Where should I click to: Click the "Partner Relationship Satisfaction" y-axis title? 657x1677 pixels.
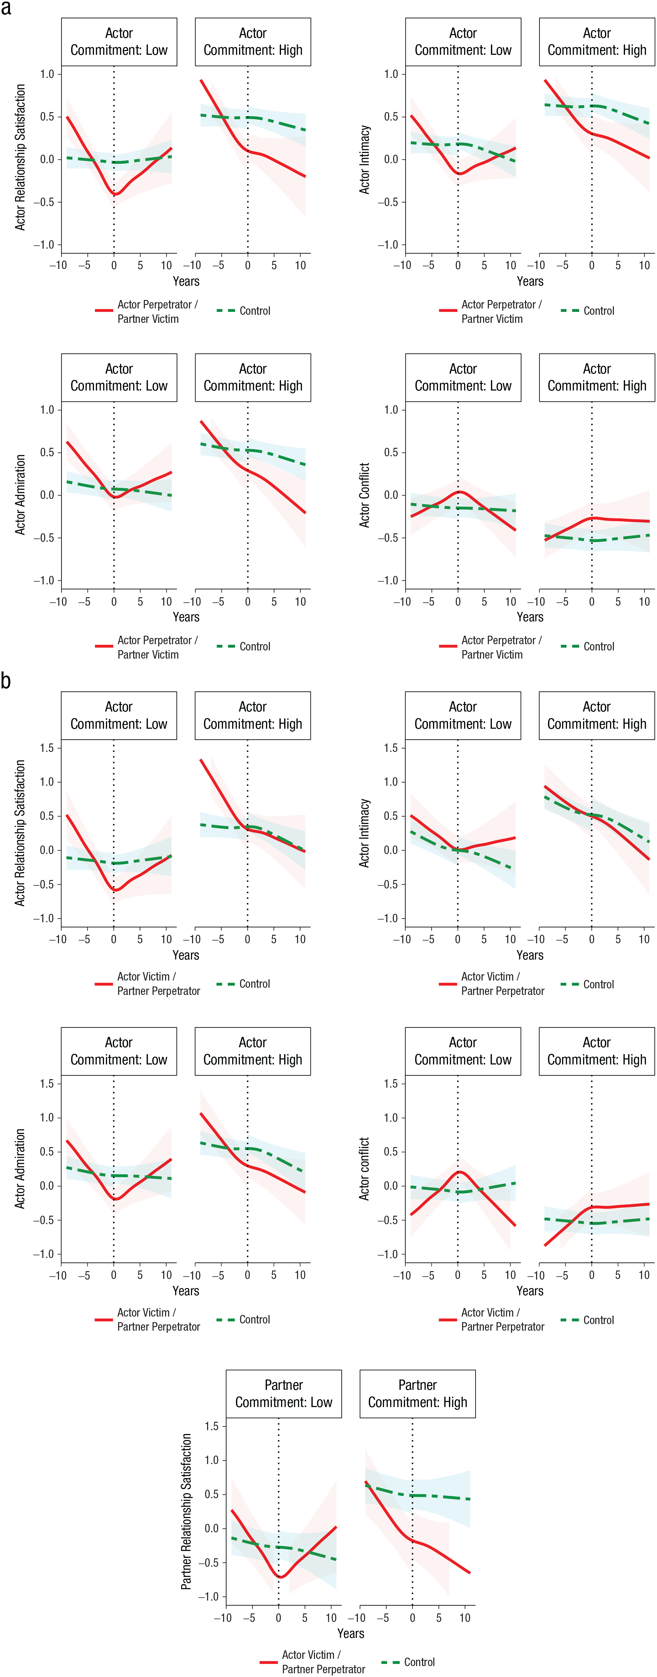point(186,1511)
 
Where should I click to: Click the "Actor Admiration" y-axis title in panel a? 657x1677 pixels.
point(20,495)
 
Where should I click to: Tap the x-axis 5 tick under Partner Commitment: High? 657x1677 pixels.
point(439,1618)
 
